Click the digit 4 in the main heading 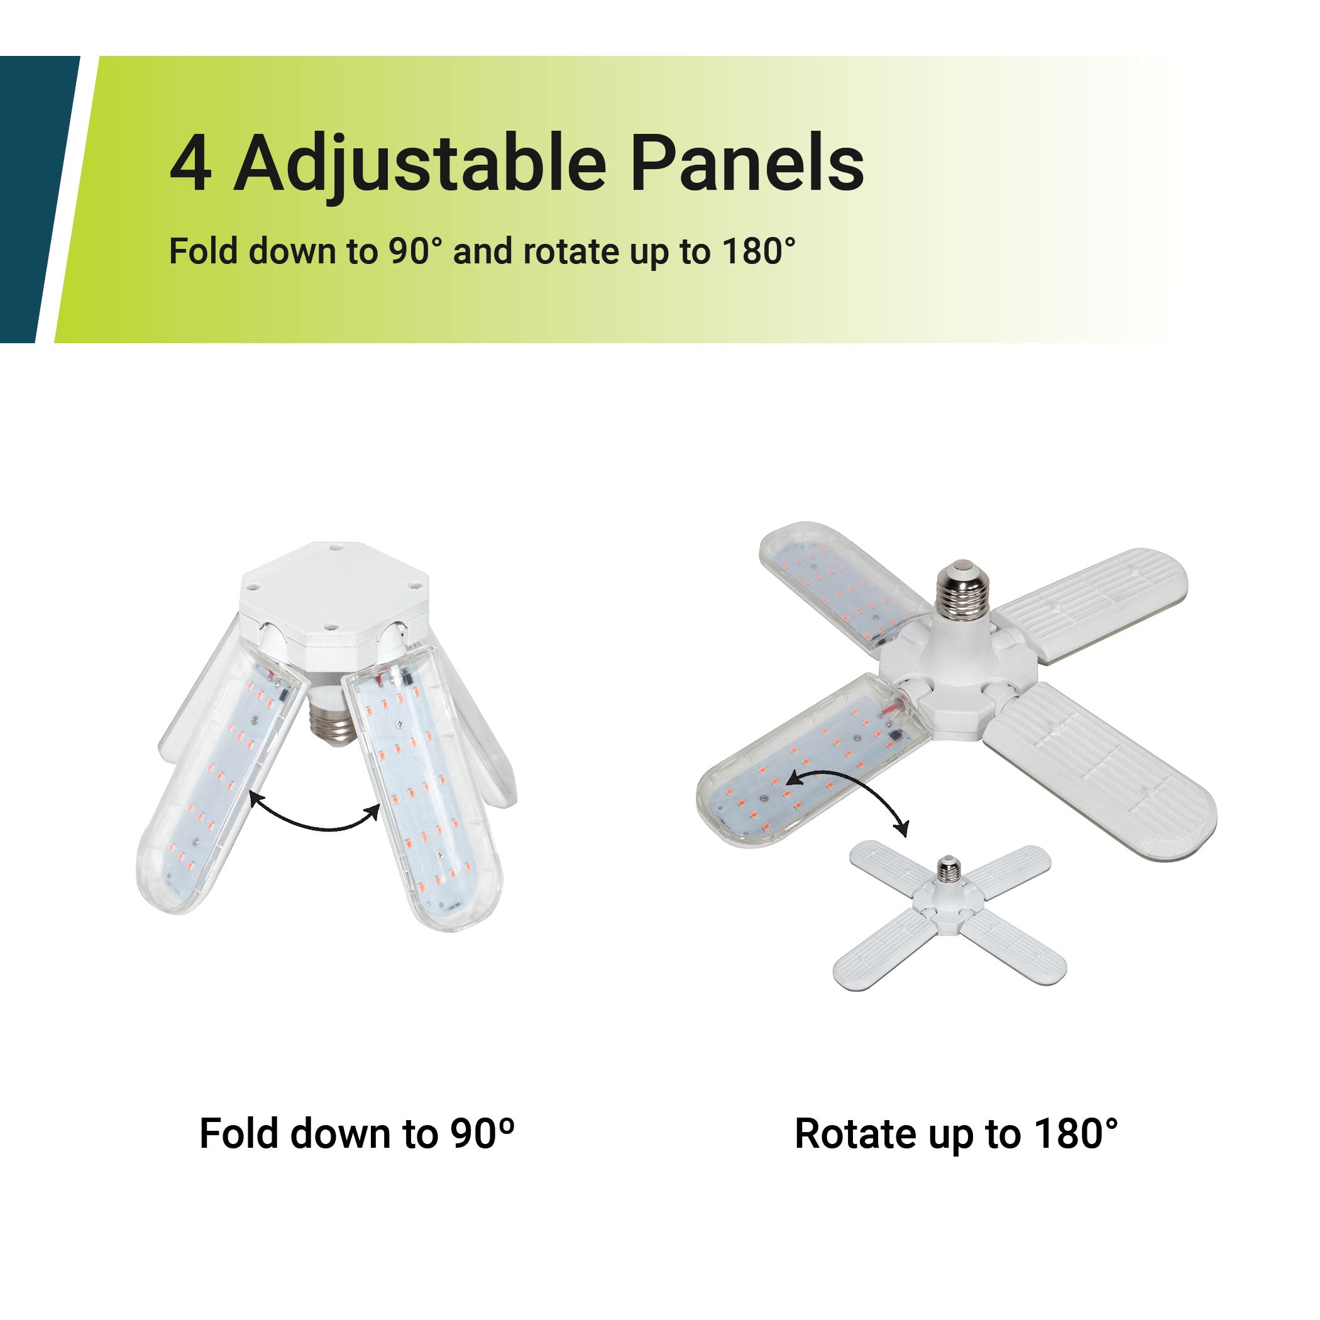click(x=190, y=163)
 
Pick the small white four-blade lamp click(x=950, y=914)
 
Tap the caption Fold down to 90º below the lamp click(x=356, y=1133)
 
